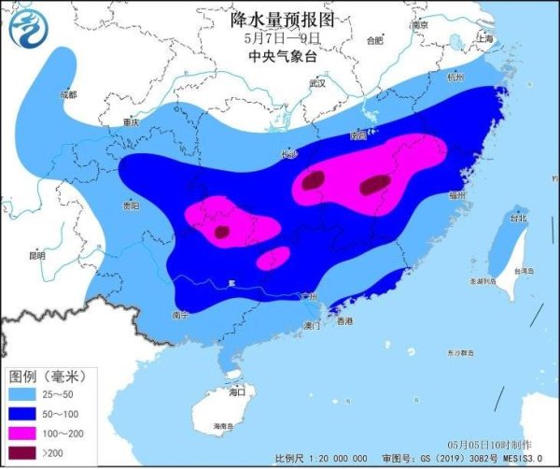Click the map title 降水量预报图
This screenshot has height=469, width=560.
(281, 19)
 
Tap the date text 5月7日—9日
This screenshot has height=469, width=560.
(281, 38)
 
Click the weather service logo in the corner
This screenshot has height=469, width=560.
(27, 27)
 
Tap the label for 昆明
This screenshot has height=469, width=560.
(36, 254)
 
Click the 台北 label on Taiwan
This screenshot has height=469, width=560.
(514, 218)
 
